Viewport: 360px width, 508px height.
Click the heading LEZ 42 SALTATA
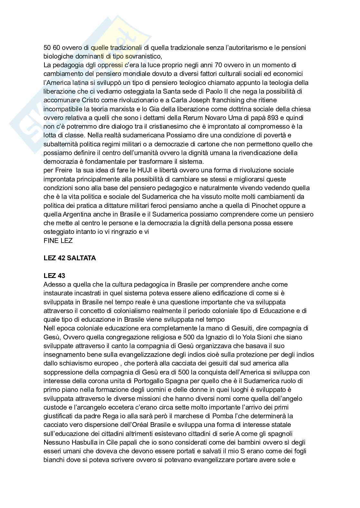click(x=70, y=258)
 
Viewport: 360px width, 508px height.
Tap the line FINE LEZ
click(x=58, y=240)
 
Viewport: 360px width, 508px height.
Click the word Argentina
click(x=76, y=214)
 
